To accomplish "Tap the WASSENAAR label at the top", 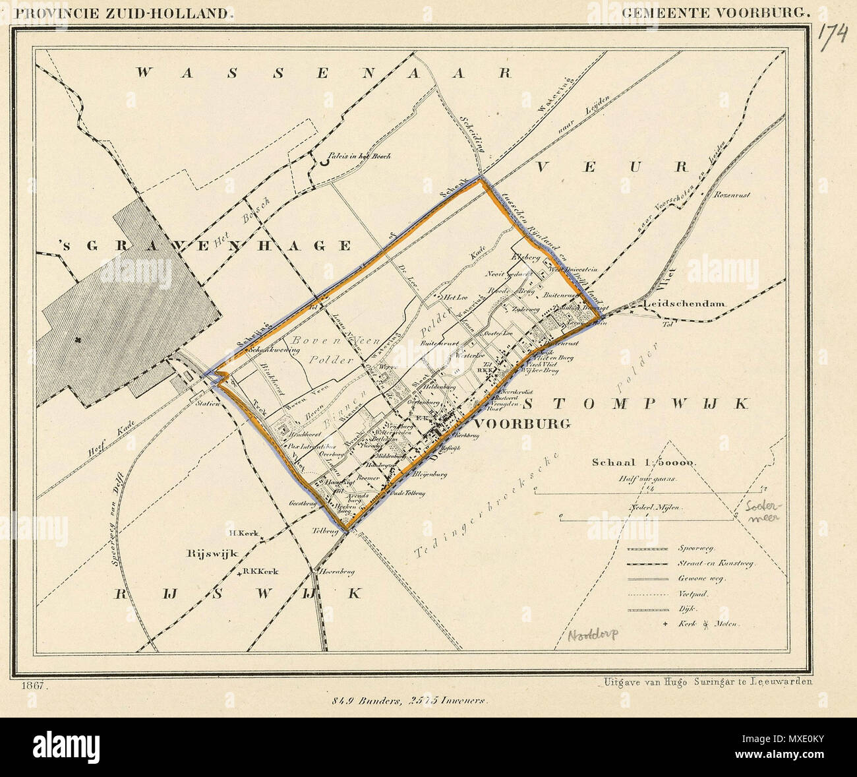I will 324,73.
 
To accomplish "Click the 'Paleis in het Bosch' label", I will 361,156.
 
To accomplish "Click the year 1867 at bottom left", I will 32,686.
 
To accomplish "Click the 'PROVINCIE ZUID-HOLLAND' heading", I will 123,11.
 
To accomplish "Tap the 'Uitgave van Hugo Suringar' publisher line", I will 707,683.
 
